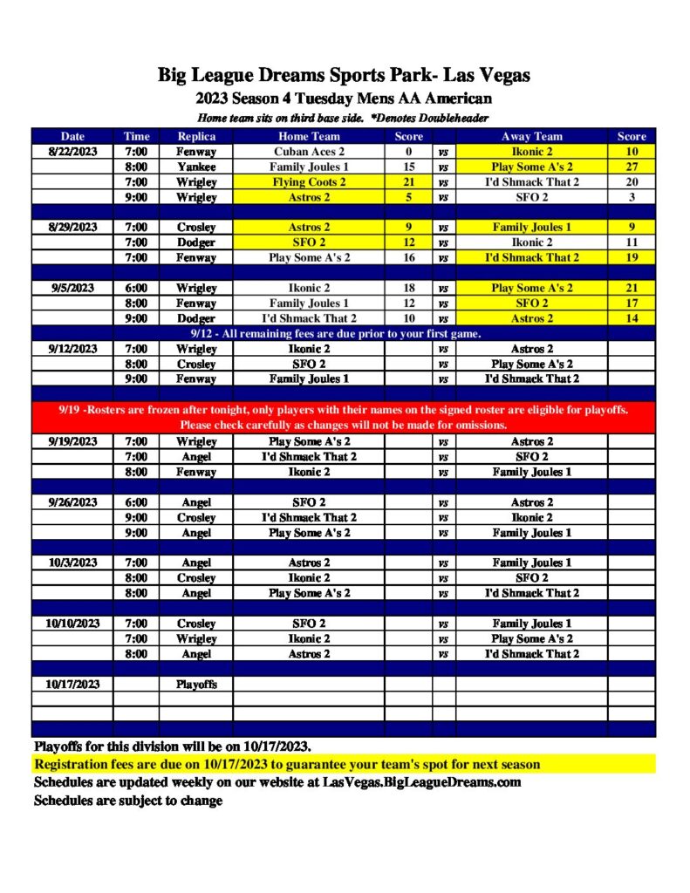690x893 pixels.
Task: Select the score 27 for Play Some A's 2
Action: pyautogui.click(x=632, y=167)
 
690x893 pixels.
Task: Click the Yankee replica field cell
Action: pyautogui.click(x=196, y=167)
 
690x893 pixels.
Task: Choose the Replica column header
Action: pyautogui.click(x=196, y=136)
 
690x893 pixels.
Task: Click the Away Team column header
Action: pyautogui.click(x=532, y=136)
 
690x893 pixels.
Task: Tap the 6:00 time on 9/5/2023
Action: pyautogui.click(x=136, y=288)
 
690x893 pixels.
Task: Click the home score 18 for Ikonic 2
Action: pyautogui.click(x=408, y=288)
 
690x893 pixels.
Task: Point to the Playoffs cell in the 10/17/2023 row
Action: pyautogui.click(x=196, y=685)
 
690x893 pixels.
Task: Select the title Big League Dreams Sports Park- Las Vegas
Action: pyautogui.click(x=344, y=76)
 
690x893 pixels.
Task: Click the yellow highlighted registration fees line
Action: pyautogui.click(x=287, y=765)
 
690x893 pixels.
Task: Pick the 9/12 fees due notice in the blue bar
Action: pyautogui.click(x=337, y=333)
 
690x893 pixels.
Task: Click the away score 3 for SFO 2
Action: pyautogui.click(x=632, y=197)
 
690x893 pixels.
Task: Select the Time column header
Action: pyautogui.click(x=136, y=136)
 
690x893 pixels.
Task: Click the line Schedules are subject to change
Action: pyautogui.click(x=128, y=801)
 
